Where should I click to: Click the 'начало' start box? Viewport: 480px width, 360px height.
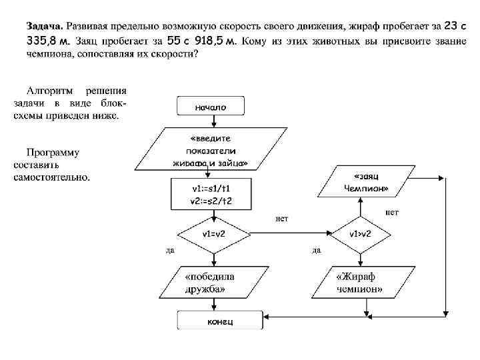(x=211, y=106)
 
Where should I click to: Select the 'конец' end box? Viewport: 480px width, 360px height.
(x=211, y=321)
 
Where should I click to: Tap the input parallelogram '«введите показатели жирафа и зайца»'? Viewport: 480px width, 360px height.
(x=210, y=151)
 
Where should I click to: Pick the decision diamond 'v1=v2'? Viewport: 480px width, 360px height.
(x=212, y=234)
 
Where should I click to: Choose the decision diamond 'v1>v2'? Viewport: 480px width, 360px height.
(x=361, y=234)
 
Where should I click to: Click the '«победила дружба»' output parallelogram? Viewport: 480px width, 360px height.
(x=210, y=283)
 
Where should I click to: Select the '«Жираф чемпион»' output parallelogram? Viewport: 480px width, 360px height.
(x=361, y=283)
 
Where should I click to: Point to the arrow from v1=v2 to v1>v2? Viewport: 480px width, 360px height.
(x=287, y=234)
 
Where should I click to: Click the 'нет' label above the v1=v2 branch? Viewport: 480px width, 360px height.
(x=281, y=218)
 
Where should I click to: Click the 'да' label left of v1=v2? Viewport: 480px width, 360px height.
(x=170, y=251)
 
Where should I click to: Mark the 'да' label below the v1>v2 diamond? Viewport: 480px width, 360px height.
(x=317, y=251)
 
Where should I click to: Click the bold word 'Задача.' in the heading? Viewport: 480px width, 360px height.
(x=45, y=26)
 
